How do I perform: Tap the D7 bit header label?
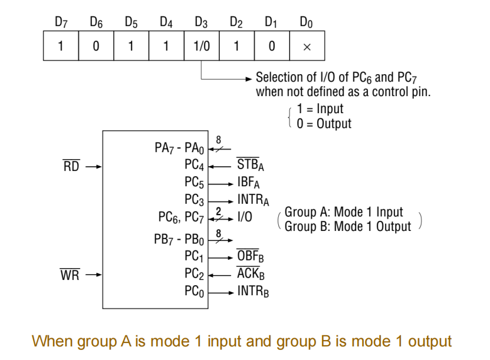click(x=61, y=23)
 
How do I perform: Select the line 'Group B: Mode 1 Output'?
click(x=347, y=226)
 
